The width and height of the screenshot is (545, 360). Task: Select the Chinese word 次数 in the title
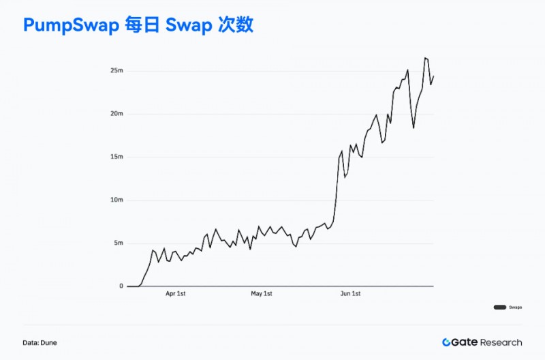click(236, 25)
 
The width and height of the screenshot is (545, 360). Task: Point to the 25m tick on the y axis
click(116, 71)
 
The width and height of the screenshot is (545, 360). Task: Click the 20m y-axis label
click(116, 114)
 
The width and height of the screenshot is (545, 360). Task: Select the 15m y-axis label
click(116, 157)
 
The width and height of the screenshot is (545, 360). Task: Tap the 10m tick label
click(116, 200)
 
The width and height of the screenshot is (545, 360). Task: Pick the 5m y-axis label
click(118, 243)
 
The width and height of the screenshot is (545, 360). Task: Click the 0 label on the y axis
click(121, 286)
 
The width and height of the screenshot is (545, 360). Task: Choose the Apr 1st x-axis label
click(175, 294)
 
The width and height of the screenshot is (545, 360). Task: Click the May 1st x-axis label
click(262, 294)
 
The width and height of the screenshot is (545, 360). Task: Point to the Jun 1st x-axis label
click(350, 294)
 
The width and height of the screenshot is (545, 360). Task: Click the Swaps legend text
click(516, 307)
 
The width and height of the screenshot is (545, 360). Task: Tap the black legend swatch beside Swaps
click(499, 307)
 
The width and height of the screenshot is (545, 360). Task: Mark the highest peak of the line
click(425, 58)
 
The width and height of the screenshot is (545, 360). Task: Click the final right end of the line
click(433, 76)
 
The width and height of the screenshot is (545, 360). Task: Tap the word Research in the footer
click(501, 342)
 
